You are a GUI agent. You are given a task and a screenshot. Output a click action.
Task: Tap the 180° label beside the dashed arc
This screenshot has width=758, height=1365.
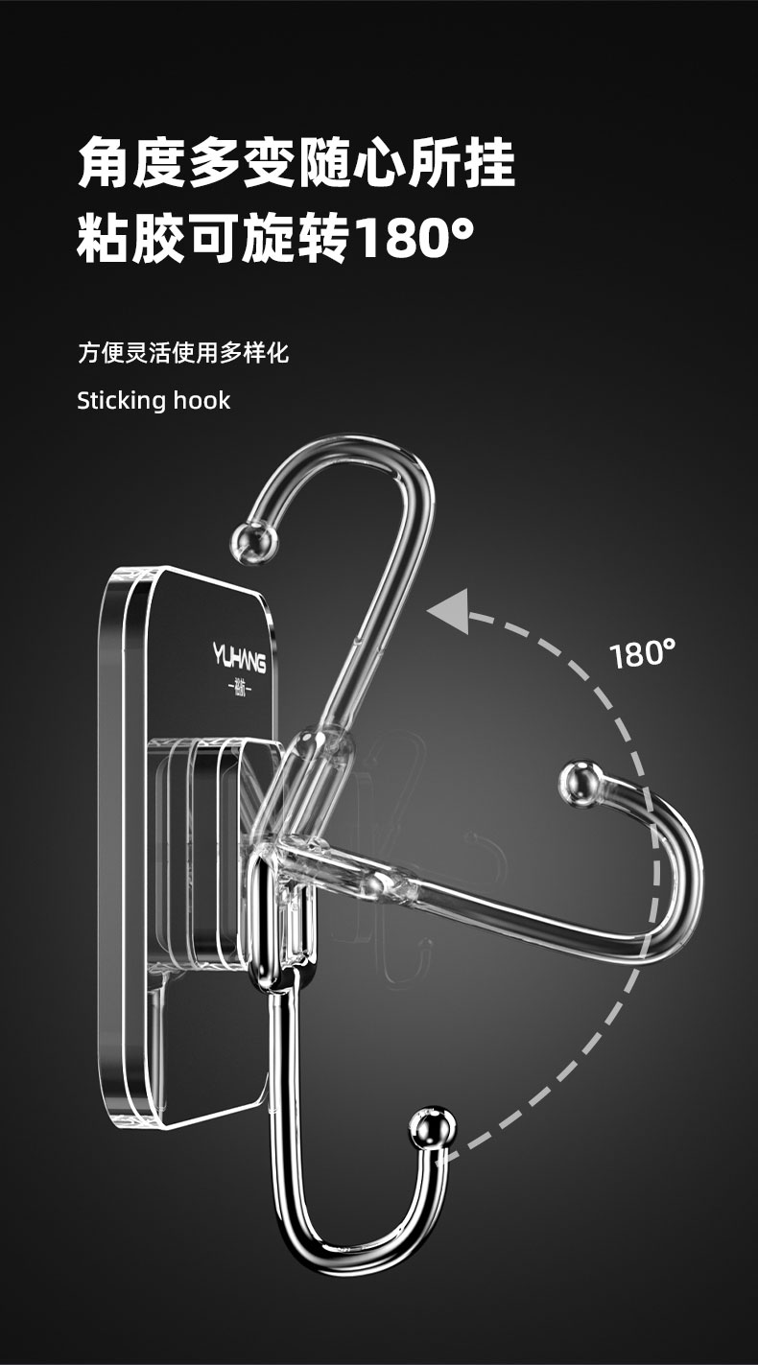coord(643,654)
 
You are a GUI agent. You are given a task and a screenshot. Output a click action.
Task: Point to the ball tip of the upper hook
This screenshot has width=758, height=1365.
coord(250,540)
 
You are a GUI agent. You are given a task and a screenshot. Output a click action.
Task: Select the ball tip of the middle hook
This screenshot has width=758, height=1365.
coord(580,783)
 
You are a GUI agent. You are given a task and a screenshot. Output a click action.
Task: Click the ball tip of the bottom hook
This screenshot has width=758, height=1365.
coord(433,1128)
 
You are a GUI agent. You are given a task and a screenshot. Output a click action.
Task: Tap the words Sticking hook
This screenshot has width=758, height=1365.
coord(154,400)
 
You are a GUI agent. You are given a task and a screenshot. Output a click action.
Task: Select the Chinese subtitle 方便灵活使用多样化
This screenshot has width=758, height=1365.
coord(182,353)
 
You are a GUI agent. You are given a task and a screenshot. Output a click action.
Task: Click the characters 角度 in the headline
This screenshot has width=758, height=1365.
coord(132,163)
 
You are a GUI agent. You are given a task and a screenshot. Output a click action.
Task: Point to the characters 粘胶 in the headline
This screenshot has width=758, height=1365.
coord(132,239)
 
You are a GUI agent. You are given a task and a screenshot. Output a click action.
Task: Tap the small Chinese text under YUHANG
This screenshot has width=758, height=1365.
coord(239,688)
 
